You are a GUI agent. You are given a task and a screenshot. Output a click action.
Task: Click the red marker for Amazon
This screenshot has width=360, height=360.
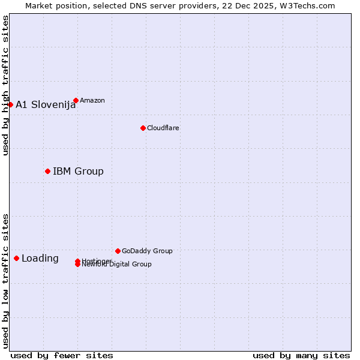(x=76, y=100)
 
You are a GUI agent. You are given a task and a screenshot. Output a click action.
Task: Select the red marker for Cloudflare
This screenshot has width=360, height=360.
(x=143, y=128)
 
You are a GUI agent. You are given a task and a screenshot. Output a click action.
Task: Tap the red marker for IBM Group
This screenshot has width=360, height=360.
(x=47, y=171)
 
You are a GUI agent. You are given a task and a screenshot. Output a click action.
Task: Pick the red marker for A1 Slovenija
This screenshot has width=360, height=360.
(x=10, y=104)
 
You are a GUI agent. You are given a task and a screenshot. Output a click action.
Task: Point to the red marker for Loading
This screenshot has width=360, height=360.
(x=16, y=258)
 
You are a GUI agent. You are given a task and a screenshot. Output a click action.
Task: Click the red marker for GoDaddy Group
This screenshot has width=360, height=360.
(x=118, y=251)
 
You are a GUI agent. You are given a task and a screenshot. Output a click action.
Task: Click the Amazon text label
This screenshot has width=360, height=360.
(x=92, y=100)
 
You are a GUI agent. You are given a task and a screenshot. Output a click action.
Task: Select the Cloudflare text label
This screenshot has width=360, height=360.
(x=163, y=128)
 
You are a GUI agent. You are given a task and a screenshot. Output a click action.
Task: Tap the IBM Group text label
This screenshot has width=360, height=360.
(x=78, y=171)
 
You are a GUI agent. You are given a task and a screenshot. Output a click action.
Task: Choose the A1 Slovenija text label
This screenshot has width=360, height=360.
(x=46, y=104)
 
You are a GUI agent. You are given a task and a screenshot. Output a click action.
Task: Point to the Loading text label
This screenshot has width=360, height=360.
(x=40, y=259)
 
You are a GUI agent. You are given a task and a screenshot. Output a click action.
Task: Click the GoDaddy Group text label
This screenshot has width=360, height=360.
(x=147, y=251)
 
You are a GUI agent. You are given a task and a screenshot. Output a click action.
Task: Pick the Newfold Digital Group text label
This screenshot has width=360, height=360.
(x=118, y=265)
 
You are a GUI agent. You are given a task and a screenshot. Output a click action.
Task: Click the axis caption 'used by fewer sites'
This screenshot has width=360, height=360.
(x=62, y=355)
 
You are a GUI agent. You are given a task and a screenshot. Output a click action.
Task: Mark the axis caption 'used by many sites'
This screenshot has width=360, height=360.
(x=301, y=355)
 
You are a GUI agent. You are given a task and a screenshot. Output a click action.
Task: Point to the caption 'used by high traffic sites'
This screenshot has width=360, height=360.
(x=5, y=85)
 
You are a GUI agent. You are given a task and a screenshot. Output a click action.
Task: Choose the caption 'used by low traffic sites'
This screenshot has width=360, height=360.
(x=5, y=281)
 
